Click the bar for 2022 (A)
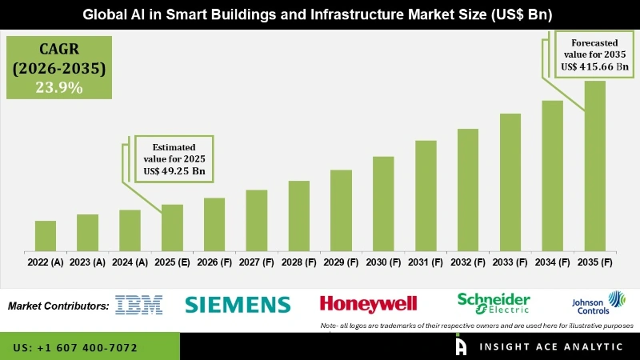(46, 235)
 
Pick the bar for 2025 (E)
(172, 227)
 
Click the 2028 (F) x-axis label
(299, 262)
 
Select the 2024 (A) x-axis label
(130, 262)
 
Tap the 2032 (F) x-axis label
(468, 262)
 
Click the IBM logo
(138, 304)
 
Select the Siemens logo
(238, 304)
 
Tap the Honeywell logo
(369, 304)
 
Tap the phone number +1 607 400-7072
(75, 348)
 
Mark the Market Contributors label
(58, 306)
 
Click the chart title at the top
(320, 15)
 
